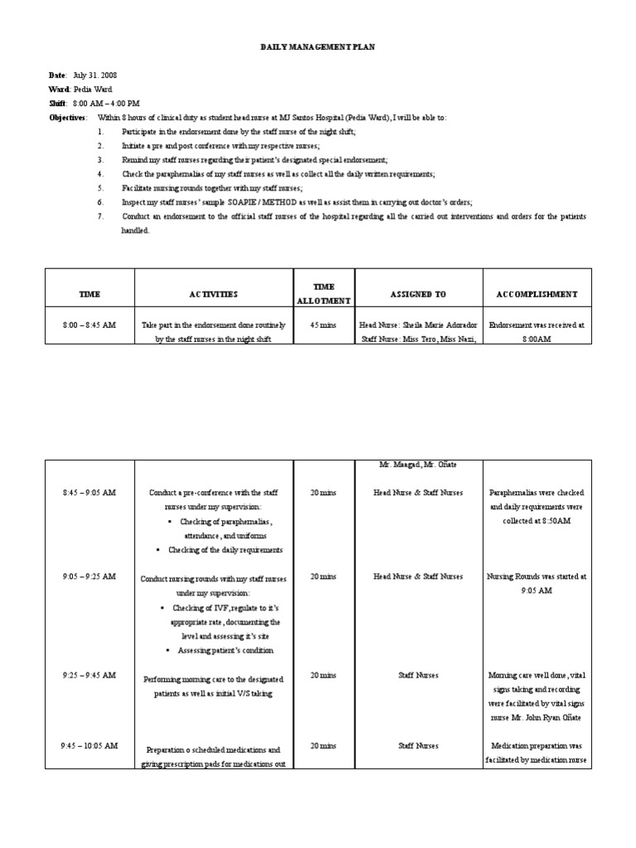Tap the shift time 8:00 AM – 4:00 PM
[106, 103]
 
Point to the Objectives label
[67, 118]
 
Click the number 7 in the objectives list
[100, 217]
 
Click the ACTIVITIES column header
[213, 294]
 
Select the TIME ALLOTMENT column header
[323, 294]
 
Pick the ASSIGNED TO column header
[418, 294]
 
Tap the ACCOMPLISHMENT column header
[537, 294]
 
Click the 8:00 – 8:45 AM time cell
[89, 325]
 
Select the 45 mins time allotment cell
[323, 325]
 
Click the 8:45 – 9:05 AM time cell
[89, 493]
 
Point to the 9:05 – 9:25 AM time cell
[89, 576]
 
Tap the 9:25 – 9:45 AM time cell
[89, 676]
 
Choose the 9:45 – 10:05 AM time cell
[89, 746]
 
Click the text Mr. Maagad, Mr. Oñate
[418, 465]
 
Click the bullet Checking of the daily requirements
[225, 550]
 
